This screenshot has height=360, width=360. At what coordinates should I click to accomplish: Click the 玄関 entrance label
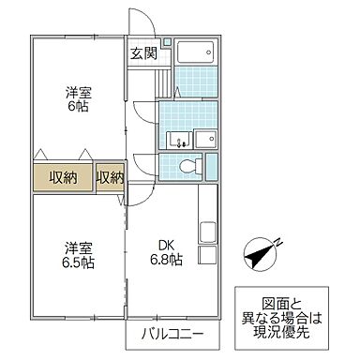[x=143, y=52]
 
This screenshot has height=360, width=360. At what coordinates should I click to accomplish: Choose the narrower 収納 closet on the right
[x=110, y=177]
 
